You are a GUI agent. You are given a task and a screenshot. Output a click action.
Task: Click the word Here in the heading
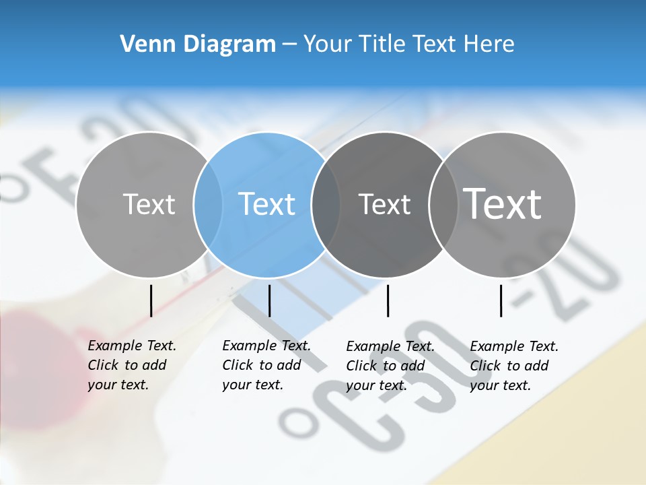[489, 44]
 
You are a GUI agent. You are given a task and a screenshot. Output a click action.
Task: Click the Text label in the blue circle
[266, 204]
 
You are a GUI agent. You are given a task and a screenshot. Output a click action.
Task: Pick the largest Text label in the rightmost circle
[502, 203]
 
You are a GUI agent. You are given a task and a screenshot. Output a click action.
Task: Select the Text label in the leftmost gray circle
[149, 204]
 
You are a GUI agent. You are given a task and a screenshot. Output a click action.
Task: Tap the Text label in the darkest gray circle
[384, 204]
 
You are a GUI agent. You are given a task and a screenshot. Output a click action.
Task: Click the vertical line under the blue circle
[269, 300]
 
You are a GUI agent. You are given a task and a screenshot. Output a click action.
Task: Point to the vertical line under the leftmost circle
[151, 300]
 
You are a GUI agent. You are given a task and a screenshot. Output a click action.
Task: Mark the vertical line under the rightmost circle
[501, 300]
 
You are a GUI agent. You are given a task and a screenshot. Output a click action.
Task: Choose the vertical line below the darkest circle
[388, 300]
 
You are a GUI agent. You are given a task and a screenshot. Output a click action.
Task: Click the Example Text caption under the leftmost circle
[131, 365]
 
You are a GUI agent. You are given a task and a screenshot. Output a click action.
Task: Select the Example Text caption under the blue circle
[266, 365]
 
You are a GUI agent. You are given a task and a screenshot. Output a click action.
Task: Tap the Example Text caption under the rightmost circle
[513, 366]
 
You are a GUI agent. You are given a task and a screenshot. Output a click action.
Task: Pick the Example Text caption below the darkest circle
[390, 366]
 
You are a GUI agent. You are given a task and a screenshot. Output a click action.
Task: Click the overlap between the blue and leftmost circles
[207, 204]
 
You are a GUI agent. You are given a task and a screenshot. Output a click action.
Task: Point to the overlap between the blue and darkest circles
[326, 204]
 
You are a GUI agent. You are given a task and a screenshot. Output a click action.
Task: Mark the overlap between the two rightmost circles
[443, 204]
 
